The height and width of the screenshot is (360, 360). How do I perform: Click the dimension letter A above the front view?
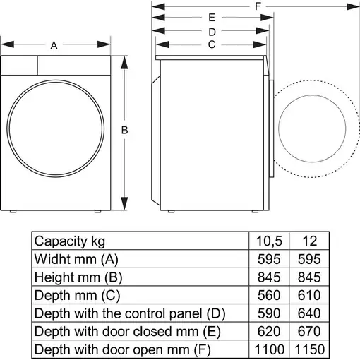(54, 46)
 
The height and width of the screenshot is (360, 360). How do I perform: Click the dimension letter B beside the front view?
(124, 130)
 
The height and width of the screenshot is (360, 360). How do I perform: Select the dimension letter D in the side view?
(211, 32)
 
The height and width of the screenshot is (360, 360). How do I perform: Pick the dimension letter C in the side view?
(211, 44)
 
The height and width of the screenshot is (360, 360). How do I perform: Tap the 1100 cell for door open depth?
(268, 349)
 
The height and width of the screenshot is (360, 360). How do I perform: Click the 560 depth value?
(268, 294)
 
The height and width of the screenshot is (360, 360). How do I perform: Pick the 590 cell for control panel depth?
(268, 313)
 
